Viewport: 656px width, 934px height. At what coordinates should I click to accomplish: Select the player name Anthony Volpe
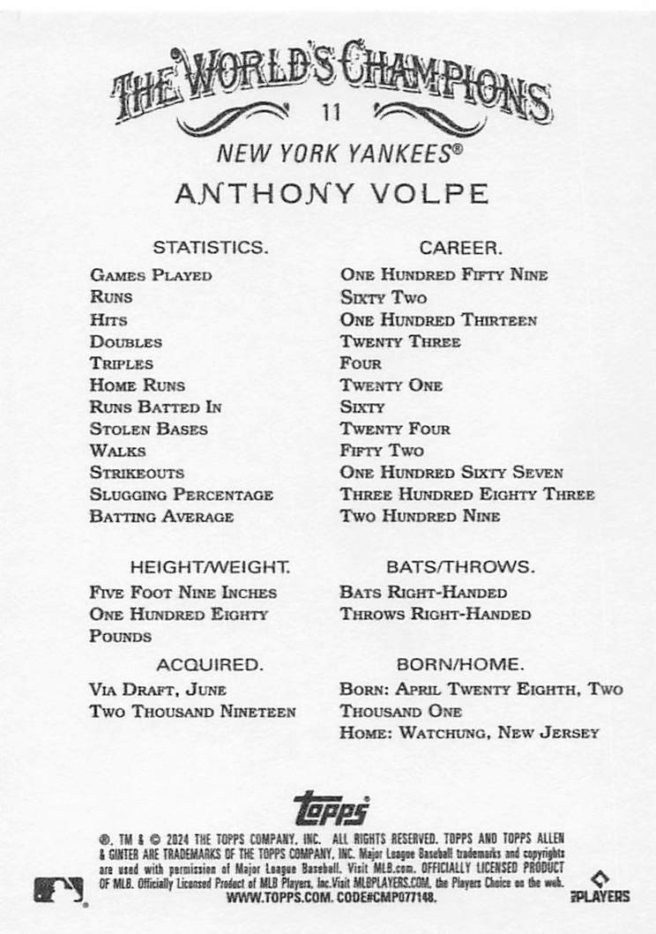[x=331, y=194]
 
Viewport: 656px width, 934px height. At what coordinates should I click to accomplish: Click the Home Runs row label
[x=137, y=385]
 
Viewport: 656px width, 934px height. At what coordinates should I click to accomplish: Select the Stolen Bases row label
[x=148, y=430]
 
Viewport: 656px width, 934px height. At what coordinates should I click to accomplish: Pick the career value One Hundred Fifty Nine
[x=444, y=275]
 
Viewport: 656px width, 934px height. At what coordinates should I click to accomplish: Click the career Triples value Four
[x=361, y=363]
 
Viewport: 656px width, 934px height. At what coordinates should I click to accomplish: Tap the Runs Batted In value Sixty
[x=362, y=407]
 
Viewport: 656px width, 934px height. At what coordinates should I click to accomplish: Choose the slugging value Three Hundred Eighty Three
[x=467, y=495]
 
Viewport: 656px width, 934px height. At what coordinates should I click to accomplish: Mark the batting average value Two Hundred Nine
[x=420, y=517]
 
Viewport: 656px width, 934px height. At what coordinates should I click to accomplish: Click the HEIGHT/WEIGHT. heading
[x=210, y=566]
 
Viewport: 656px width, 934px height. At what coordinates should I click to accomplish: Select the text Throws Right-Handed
[x=435, y=615]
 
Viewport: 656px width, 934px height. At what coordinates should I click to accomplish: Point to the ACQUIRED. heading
[x=210, y=663]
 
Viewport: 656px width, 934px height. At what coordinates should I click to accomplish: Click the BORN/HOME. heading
[x=460, y=663]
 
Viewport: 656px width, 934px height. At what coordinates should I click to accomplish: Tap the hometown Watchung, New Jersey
[x=499, y=733]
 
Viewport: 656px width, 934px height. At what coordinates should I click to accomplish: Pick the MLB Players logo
[x=609, y=887]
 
